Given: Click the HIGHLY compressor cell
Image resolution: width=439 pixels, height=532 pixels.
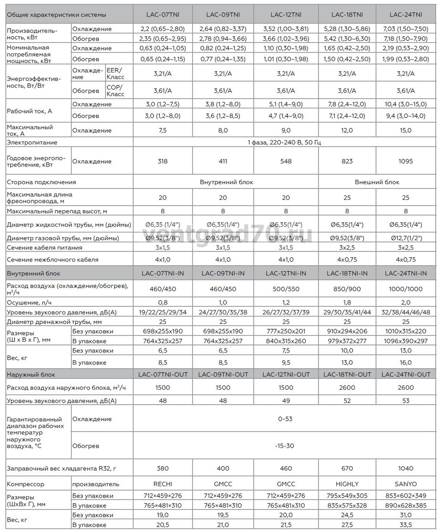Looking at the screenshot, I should pyautogui.click(x=347, y=484).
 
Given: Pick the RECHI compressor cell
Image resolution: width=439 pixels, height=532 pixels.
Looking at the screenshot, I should pyautogui.click(x=163, y=484).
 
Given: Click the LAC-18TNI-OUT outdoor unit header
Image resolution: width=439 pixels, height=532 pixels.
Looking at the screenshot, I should pyautogui.click(x=347, y=375).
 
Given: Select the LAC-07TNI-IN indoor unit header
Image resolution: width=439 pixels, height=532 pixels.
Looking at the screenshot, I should pyautogui.click(x=163, y=273).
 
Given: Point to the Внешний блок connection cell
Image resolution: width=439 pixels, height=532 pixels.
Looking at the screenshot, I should pyautogui.click(x=377, y=182).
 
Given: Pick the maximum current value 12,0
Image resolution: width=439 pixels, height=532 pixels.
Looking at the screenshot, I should pyautogui.click(x=347, y=130).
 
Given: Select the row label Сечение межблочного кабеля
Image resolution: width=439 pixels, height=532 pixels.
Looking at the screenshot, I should pyautogui.click(x=52, y=260).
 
